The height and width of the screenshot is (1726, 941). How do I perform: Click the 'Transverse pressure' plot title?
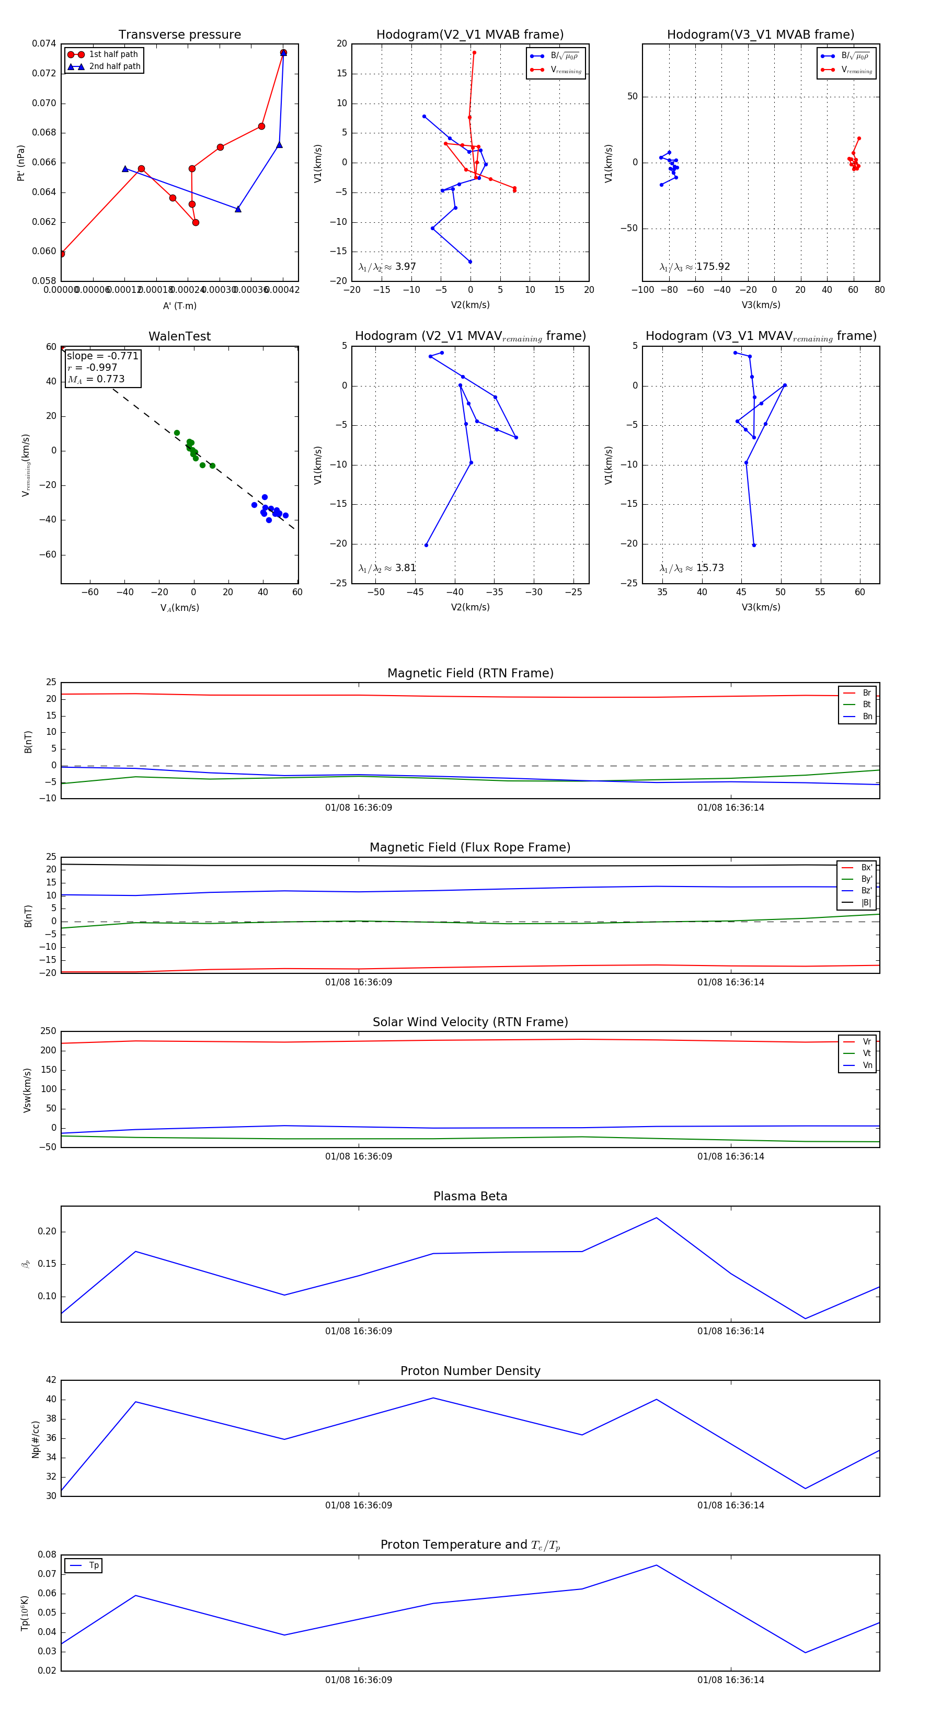179,35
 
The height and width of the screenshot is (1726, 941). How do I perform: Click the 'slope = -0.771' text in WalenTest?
102,356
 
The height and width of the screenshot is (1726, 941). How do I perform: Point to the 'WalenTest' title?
179,336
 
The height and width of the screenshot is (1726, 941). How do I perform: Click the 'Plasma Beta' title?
470,1197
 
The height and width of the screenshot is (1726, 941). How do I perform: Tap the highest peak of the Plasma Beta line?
656,1218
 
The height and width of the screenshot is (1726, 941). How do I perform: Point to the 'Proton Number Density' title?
470,1371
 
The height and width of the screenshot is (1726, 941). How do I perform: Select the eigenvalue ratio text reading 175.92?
695,267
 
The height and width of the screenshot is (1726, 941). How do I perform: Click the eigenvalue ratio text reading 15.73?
692,568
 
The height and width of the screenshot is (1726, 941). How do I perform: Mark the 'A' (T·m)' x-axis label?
179,306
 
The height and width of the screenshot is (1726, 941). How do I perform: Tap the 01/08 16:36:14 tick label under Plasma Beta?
730,1331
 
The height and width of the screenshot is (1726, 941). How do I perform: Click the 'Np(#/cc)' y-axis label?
36,1439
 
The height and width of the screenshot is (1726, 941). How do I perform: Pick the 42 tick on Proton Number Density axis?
51,1380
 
